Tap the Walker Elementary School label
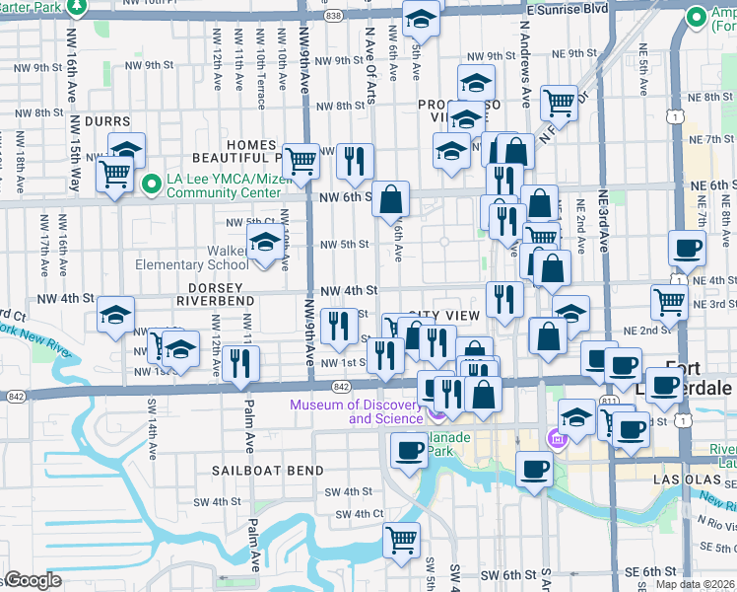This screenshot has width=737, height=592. coord(192,258)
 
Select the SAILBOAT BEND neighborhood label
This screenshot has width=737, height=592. coord(267,471)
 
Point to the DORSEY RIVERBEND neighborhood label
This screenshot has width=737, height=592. coord(216,293)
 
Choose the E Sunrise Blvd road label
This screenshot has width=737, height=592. coord(567,8)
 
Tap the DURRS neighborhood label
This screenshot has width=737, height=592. coord(107,121)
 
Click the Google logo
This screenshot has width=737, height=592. coord(33,580)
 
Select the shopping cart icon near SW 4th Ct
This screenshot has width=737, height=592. coord(401,539)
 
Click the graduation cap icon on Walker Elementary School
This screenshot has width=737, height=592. coord(264,242)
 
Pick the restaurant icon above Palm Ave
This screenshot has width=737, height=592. coord(240,362)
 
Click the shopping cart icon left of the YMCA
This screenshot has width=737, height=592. coord(115,175)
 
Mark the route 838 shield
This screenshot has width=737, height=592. coord(333,16)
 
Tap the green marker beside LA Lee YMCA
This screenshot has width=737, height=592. coord(152,184)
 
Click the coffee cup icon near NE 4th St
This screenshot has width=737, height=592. coord(687,248)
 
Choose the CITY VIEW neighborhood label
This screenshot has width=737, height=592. coord(450,315)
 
